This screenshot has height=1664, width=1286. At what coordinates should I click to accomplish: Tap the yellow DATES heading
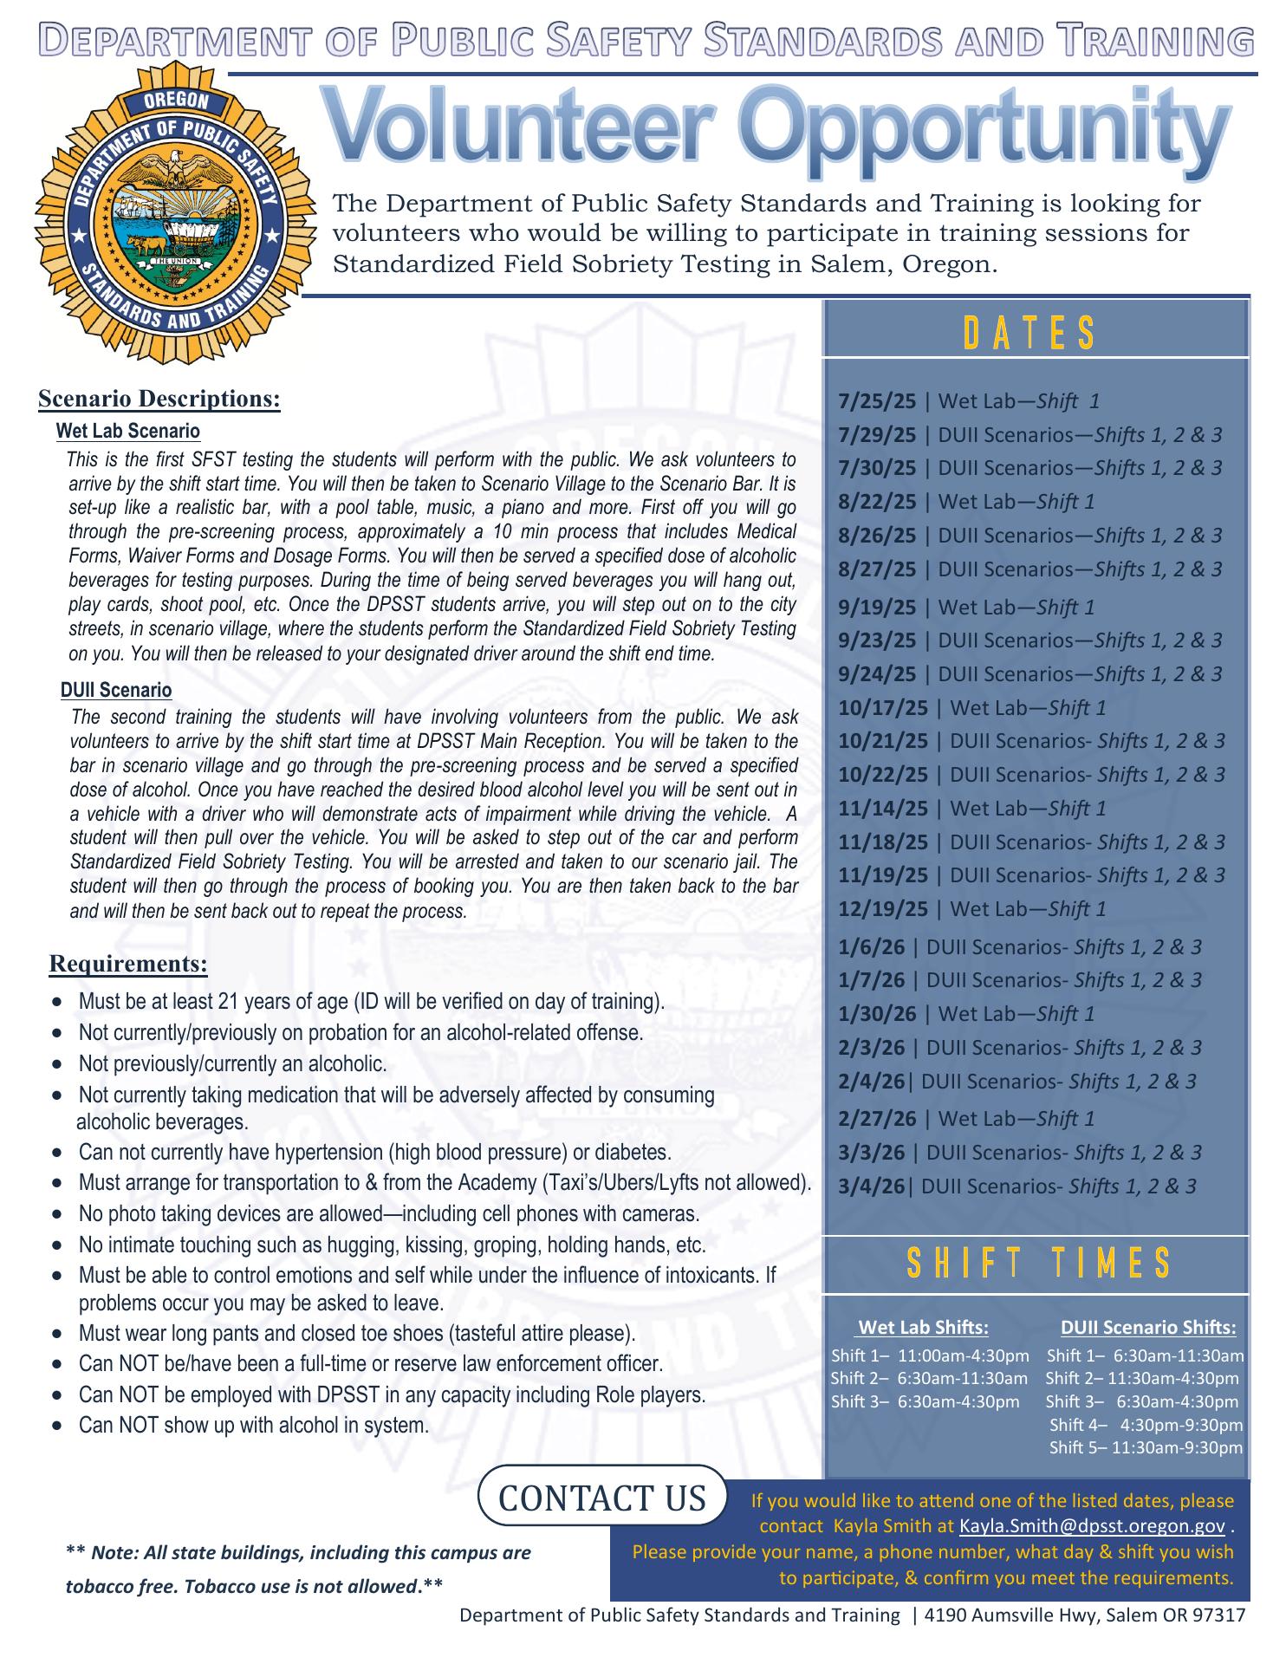tap(1029, 334)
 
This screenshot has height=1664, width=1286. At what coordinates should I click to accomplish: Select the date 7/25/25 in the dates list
tap(876, 401)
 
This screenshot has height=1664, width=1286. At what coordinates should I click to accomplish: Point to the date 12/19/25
tap(882, 909)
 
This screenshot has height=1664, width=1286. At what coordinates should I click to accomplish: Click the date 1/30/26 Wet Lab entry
tap(965, 1014)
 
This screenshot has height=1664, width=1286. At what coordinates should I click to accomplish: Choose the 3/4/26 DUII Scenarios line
tap(1016, 1186)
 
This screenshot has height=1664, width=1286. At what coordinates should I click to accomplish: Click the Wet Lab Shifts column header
tap(922, 1328)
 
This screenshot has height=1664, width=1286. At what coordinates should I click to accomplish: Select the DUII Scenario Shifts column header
tap(1147, 1328)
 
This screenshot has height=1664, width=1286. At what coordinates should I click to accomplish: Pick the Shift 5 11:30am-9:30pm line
tap(1146, 1447)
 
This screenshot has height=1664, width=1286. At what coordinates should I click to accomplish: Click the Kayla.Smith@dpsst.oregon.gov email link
tap(1091, 1525)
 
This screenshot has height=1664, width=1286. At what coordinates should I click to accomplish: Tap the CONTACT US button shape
tap(602, 1498)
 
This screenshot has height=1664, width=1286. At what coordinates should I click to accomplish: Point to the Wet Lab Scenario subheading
tap(127, 431)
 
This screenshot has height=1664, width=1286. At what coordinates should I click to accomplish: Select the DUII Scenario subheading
tap(116, 690)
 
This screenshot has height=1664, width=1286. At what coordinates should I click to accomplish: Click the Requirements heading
tap(128, 964)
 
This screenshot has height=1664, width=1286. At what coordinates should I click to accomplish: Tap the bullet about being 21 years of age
tap(371, 1002)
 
